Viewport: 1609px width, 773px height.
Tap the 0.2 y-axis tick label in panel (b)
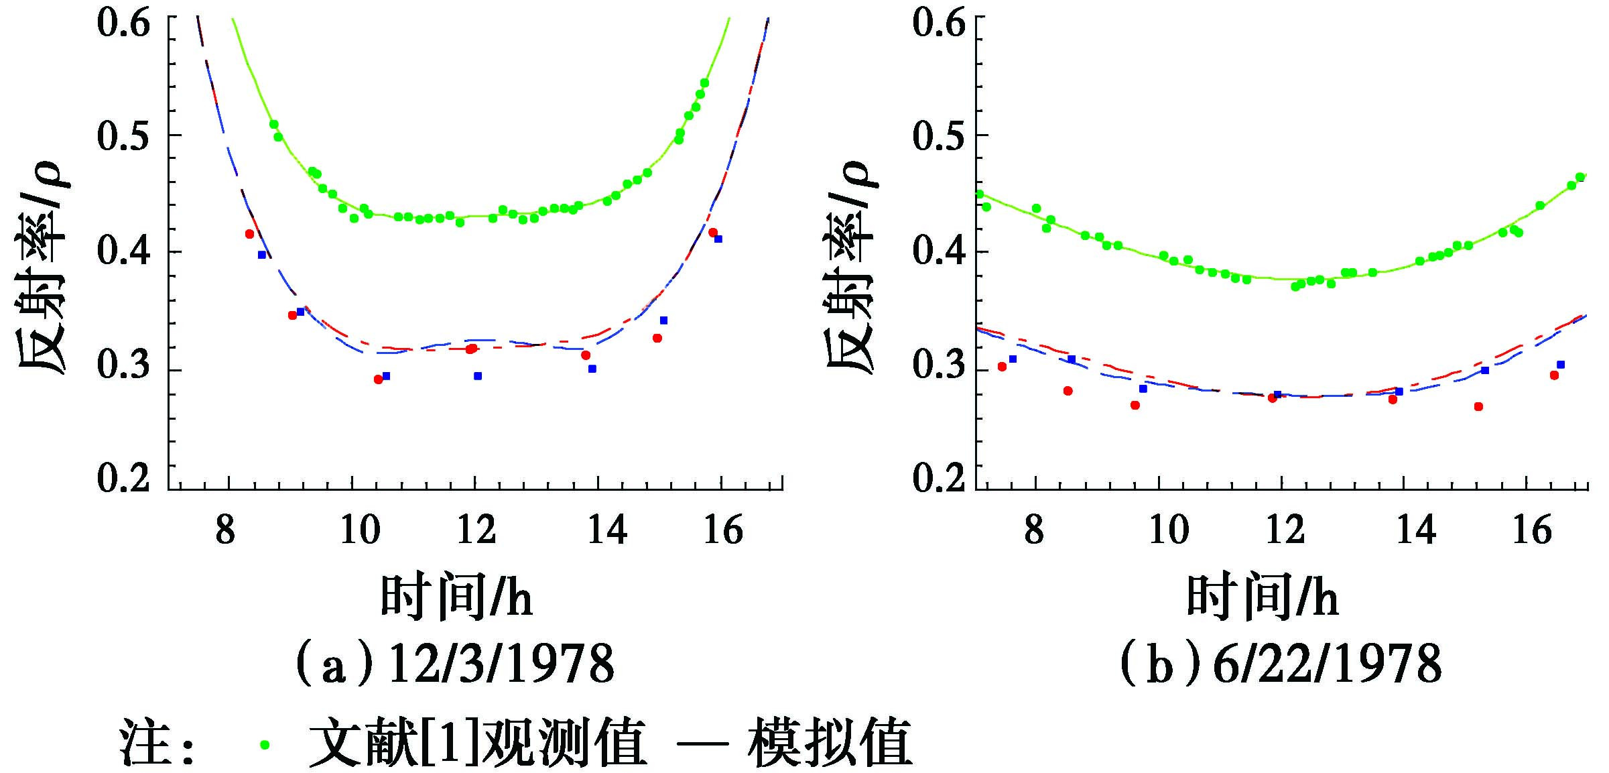[938, 478]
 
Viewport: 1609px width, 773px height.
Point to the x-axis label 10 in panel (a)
[361, 531]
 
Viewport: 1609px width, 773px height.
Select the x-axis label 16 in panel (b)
[1532, 531]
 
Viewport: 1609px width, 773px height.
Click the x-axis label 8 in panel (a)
[225, 531]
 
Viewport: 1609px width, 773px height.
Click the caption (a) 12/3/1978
[455, 664]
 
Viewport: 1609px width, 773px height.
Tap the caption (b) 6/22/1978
[1281, 664]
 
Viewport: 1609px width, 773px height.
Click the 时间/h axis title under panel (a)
[456, 596]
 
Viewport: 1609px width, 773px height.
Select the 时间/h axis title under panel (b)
[1263, 596]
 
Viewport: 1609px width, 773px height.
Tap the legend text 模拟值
[830, 743]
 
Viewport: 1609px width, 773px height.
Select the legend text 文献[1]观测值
[478, 743]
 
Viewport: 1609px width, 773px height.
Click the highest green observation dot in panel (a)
[704, 83]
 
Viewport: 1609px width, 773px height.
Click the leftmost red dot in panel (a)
[249, 234]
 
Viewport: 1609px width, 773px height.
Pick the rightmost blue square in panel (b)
[1561, 365]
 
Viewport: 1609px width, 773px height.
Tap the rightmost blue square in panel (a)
[718, 239]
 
